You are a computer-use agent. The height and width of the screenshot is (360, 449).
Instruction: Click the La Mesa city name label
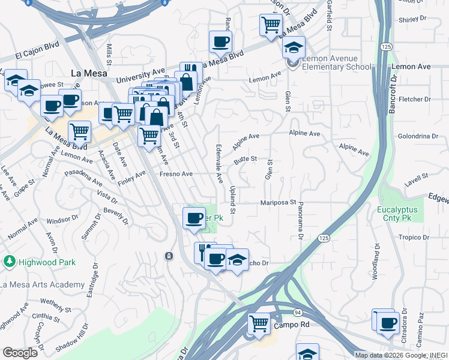[x=89, y=73]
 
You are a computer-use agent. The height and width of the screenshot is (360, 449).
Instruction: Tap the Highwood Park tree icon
[x=9, y=262]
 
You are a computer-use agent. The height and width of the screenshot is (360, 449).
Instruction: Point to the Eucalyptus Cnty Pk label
[x=400, y=214]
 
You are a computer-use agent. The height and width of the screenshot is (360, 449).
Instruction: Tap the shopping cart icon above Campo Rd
[x=259, y=323]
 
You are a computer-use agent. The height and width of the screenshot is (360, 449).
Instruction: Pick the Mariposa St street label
[x=279, y=203]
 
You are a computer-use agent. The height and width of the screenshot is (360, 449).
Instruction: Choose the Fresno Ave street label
[x=176, y=174]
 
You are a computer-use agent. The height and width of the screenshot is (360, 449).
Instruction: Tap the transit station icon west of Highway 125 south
[x=169, y=256]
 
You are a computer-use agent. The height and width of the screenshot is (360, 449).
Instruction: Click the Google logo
[x=20, y=352]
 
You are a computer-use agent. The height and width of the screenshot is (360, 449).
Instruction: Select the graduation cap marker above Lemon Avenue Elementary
[x=294, y=47]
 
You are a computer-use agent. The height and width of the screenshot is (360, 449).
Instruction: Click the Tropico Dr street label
[x=414, y=237]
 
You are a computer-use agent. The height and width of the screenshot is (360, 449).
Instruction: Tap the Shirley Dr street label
[x=412, y=20]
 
